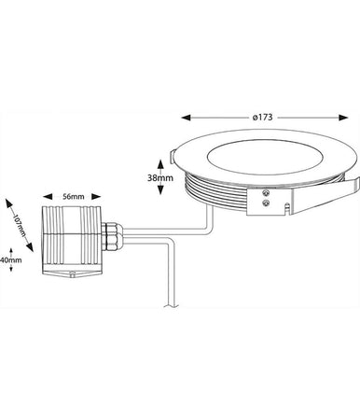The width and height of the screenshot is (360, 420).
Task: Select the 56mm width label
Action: coord(73,196)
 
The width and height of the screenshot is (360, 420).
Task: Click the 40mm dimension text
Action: coord(12,262)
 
